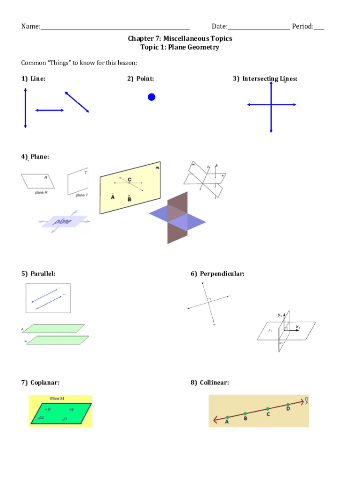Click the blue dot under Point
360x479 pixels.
[x=151, y=97]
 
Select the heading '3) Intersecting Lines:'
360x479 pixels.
[x=265, y=79]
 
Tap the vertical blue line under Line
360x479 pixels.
[x=25, y=109]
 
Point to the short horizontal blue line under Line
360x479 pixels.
[x=50, y=110]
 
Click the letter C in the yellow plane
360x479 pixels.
[x=129, y=180]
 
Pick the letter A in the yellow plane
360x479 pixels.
[x=113, y=197]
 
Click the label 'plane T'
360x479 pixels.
[x=81, y=195]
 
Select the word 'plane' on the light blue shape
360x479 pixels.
[x=63, y=221]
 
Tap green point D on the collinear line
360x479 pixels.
[x=288, y=405]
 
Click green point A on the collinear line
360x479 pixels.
[x=227, y=417]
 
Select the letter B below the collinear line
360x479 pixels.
[x=245, y=419]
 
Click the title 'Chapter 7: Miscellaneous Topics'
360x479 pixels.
[x=180, y=38]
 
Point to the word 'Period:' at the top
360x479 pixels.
[x=302, y=26]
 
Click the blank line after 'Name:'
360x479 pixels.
[x=115, y=27]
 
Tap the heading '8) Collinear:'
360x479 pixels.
[x=209, y=383]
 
